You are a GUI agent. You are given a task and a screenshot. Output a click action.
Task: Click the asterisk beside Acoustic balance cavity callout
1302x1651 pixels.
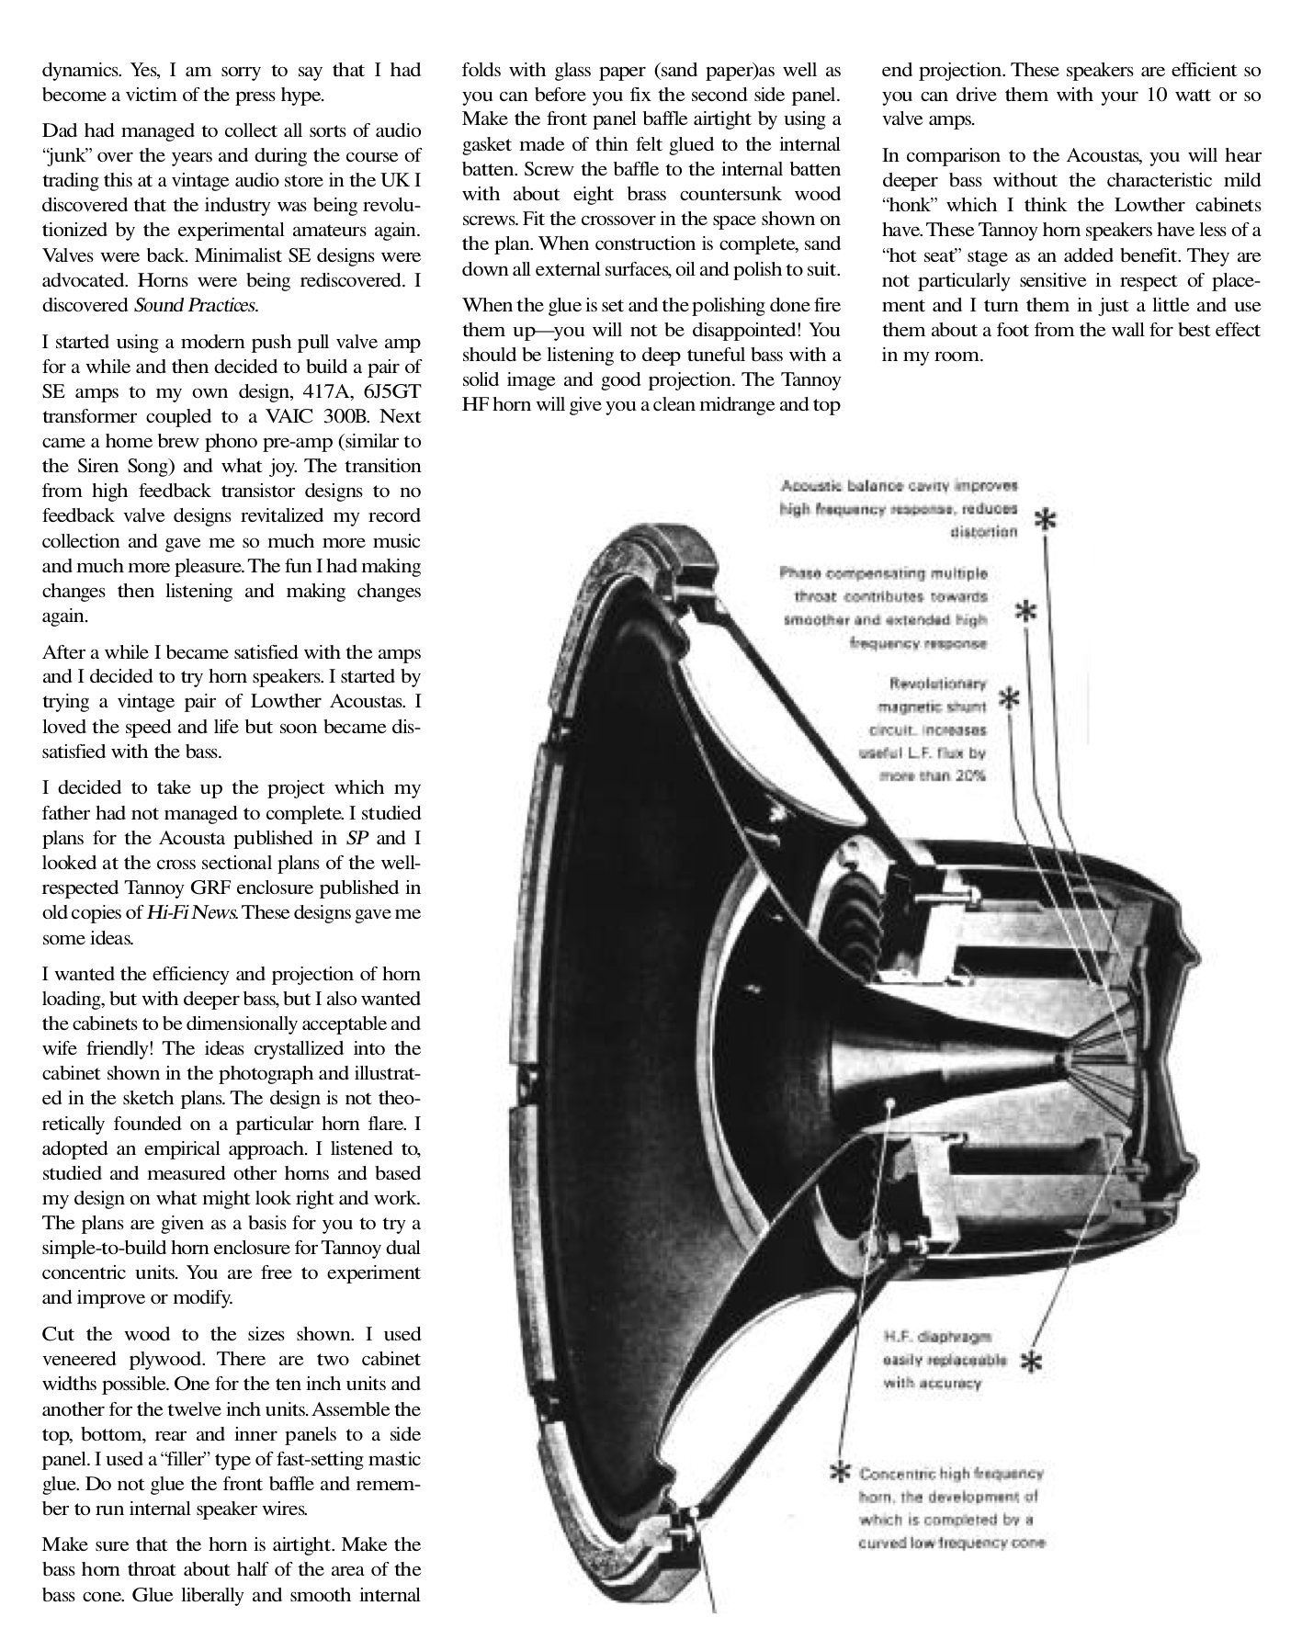tap(1046, 520)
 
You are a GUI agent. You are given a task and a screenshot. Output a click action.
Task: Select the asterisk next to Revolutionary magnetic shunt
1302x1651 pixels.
tap(1009, 699)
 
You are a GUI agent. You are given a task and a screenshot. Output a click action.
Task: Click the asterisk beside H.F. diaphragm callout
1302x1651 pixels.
tap(1031, 1362)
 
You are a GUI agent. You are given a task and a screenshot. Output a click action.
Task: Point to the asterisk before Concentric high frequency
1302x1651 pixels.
tap(838, 1474)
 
